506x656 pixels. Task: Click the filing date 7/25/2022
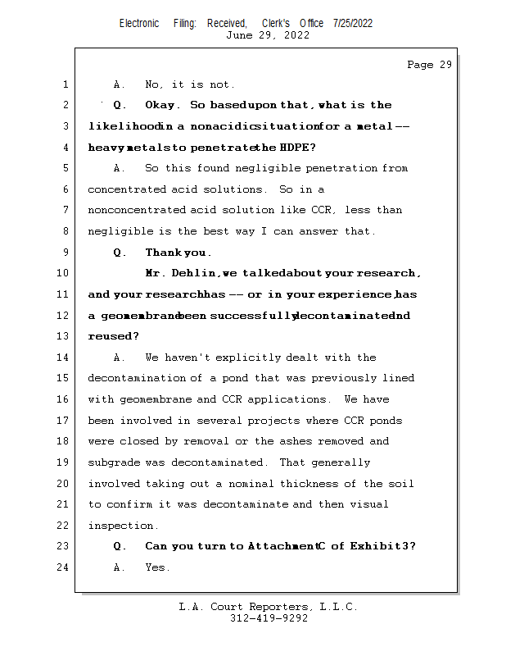pos(353,23)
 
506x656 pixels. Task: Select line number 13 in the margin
pos(64,336)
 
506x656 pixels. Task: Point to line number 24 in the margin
pos(64,567)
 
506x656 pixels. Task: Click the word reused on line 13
pos(113,336)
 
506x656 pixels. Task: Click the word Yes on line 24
pos(157,567)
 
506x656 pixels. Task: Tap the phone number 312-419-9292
pos(269,618)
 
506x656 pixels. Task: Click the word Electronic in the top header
pos(139,23)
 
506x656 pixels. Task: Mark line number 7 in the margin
pos(65,210)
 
